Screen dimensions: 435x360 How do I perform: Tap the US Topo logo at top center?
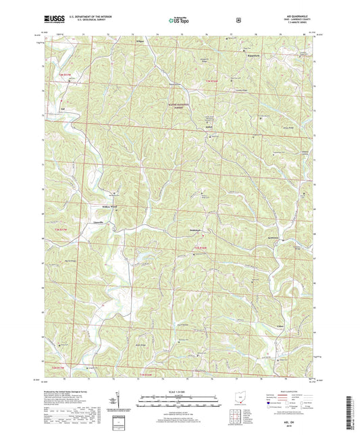(180, 20)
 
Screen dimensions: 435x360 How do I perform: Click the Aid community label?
(62, 107)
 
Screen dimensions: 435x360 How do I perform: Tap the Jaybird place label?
(210, 124)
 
